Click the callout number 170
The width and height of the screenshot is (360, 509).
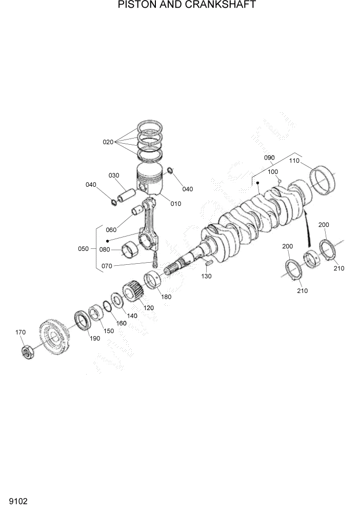[20, 332]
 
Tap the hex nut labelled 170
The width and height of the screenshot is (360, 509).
[29, 353]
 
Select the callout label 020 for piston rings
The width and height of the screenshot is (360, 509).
[108, 142]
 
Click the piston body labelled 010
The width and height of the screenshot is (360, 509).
[150, 181]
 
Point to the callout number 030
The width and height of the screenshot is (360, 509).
[113, 175]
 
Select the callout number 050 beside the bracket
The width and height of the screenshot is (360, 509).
[83, 249]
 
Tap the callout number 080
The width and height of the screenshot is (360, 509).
[105, 250]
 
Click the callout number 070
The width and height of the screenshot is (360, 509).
[107, 266]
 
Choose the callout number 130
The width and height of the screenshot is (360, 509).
[207, 276]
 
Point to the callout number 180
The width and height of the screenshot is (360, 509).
[166, 297]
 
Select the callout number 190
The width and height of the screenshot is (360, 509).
[94, 338]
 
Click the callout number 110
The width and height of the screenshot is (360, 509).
[294, 161]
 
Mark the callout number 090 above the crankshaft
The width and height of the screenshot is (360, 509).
[269, 158]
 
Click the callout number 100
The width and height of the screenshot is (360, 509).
[273, 171]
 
